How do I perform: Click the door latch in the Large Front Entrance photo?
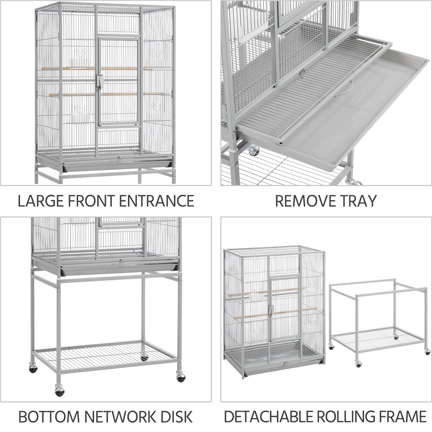[100, 81]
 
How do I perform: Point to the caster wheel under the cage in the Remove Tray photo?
[254, 151]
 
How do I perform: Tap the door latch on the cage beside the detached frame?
[271, 310]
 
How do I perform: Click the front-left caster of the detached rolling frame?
[358, 363]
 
